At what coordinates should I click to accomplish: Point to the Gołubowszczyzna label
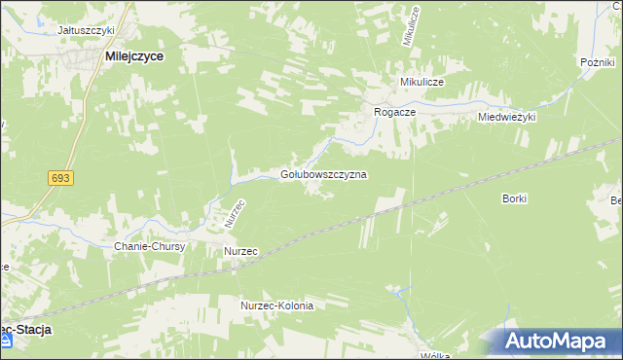click(323, 174)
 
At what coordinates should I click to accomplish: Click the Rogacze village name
click(395, 113)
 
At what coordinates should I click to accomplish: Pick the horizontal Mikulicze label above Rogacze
click(420, 83)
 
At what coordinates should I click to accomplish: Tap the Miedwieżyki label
click(507, 117)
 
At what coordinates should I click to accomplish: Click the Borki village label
click(515, 198)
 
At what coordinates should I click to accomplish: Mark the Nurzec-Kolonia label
click(277, 306)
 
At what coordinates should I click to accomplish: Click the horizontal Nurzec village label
click(240, 251)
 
